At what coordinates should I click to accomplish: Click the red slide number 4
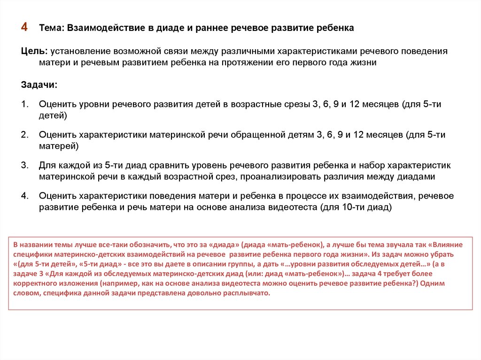point(24,28)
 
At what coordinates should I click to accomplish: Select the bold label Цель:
point(34,51)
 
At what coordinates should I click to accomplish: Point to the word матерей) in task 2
point(59,146)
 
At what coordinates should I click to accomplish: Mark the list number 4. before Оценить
point(24,196)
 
